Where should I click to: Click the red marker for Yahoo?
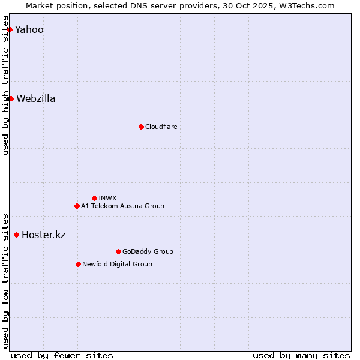tap(10, 29)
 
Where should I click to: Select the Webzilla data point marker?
tap(11, 98)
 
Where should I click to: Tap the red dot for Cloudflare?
tap(141, 127)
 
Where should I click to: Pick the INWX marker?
tap(94, 198)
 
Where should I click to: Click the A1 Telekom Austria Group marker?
tap(77, 206)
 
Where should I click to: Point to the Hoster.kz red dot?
tap(16, 235)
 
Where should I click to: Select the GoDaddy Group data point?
tap(118, 251)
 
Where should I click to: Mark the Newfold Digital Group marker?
tap(78, 264)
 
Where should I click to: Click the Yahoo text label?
tap(29, 30)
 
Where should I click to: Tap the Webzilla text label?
tap(36, 99)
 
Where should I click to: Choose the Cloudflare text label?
tap(161, 127)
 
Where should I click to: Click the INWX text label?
tap(107, 199)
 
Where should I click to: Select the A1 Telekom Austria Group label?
tap(122, 206)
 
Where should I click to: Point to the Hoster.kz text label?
tap(43, 235)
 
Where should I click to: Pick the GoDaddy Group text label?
tap(148, 252)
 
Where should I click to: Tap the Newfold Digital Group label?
tap(117, 265)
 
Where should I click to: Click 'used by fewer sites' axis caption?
tap(62, 355)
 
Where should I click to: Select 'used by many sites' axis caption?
tap(301, 355)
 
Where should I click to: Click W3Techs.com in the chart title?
tap(310, 5)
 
